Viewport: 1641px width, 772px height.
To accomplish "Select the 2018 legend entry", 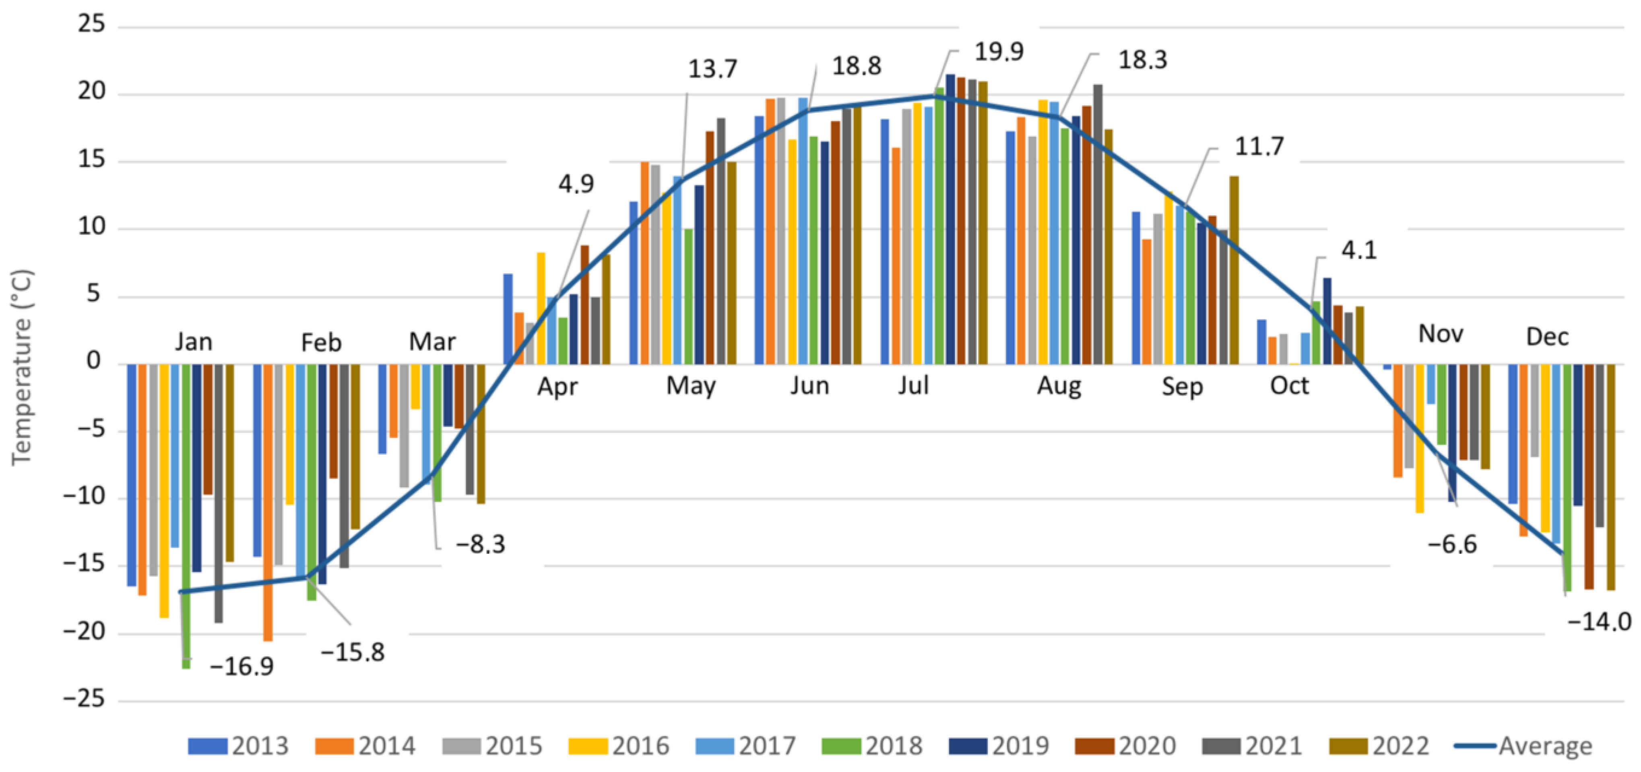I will tap(872, 745).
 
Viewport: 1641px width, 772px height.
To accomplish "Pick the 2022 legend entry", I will tap(1380, 745).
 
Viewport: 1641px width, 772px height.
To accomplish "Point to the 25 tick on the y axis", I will tap(91, 24).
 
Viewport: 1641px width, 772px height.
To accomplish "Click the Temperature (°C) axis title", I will tap(22, 368).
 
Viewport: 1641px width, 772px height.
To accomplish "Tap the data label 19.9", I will tap(999, 52).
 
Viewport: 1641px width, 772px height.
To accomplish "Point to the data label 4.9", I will tap(576, 184).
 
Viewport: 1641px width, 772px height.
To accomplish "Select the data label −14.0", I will tap(1599, 621).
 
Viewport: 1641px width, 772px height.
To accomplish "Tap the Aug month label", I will tap(1059, 386).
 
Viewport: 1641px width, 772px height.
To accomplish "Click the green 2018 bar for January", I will tap(186, 516).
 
